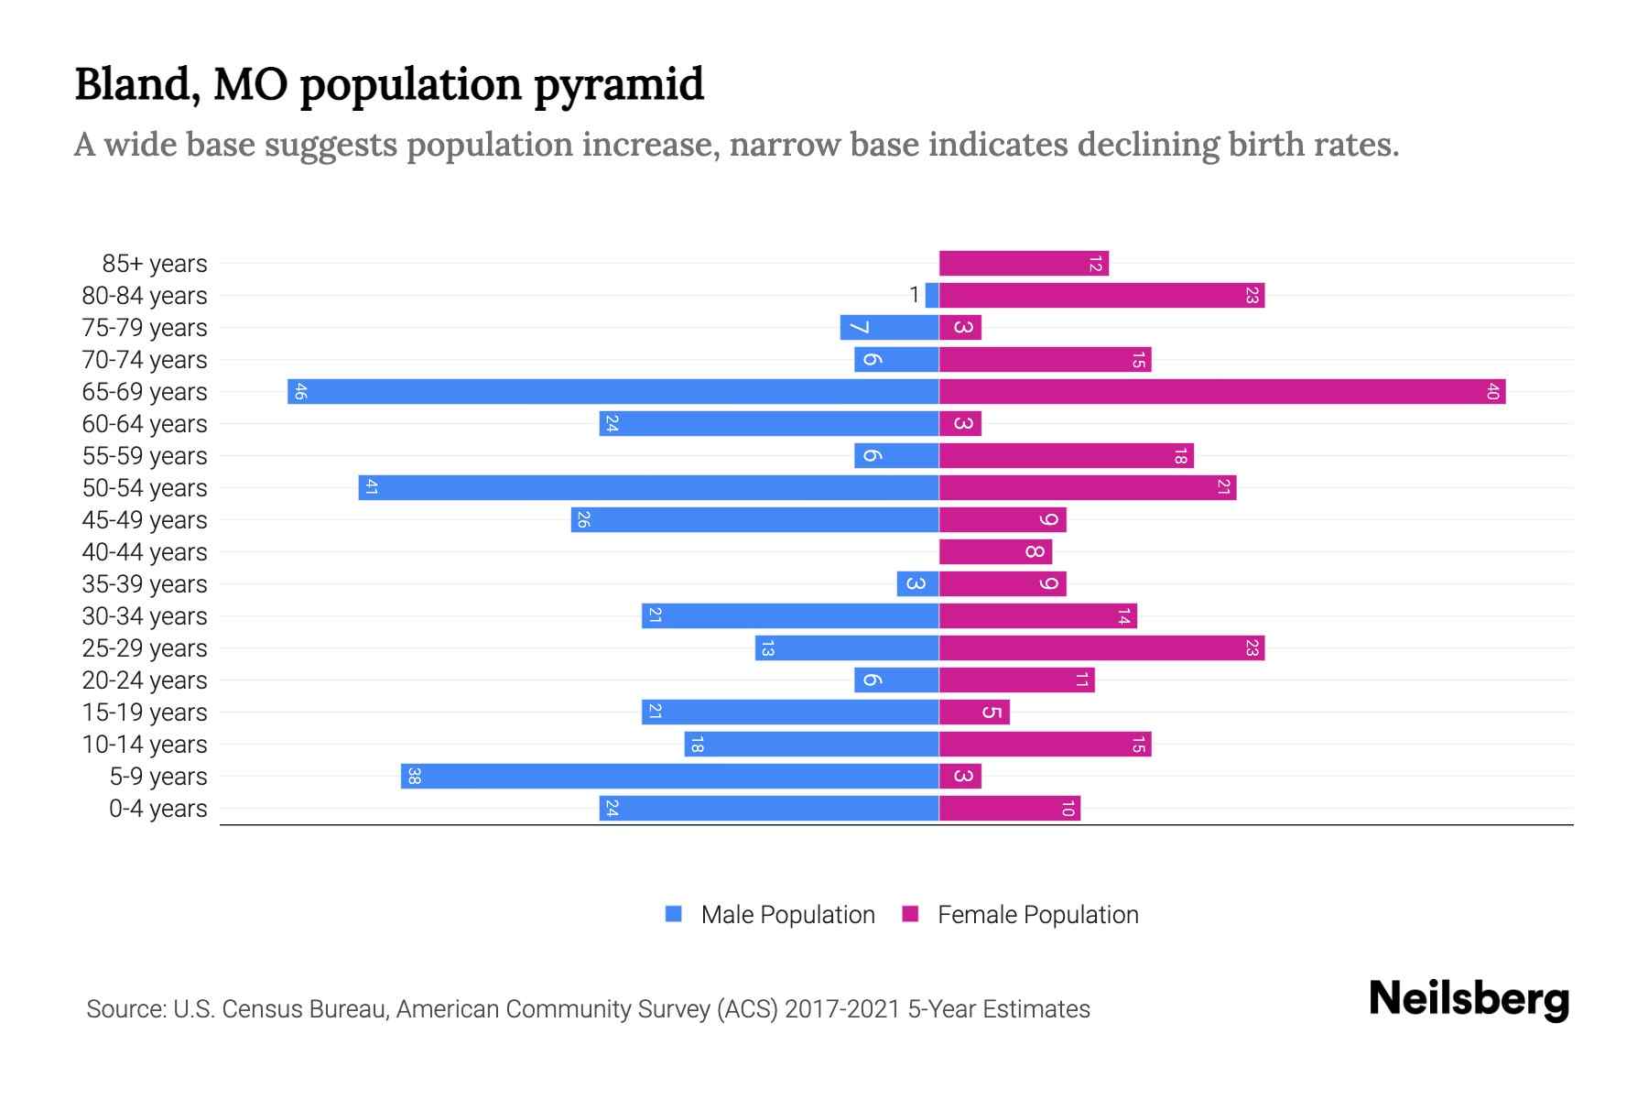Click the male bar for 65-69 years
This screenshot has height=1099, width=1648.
[x=613, y=392]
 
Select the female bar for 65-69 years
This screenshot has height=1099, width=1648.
[x=1222, y=392]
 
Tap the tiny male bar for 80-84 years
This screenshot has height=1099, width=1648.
[x=932, y=296]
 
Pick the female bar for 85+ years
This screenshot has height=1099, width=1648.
[x=1024, y=264]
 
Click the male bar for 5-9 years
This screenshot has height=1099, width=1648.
[x=670, y=777]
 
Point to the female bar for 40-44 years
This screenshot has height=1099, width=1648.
[x=995, y=552]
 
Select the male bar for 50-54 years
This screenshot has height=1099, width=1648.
[x=648, y=488]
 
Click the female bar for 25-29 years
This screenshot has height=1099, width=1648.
[x=1101, y=648]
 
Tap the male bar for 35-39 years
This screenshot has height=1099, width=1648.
[x=917, y=584]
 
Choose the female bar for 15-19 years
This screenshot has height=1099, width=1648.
[x=974, y=713]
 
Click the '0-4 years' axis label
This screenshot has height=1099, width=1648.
[x=157, y=809]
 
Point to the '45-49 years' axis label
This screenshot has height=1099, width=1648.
[x=145, y=520]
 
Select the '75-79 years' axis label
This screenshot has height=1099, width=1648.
[x=145, y=328]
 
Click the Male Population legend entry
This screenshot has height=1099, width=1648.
[x=787, y=915]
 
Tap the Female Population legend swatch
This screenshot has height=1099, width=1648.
[x=910, y=914]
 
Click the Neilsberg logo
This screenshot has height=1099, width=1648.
[x=1469, y=999]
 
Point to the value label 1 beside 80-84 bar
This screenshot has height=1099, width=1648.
[x=914, y=295]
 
